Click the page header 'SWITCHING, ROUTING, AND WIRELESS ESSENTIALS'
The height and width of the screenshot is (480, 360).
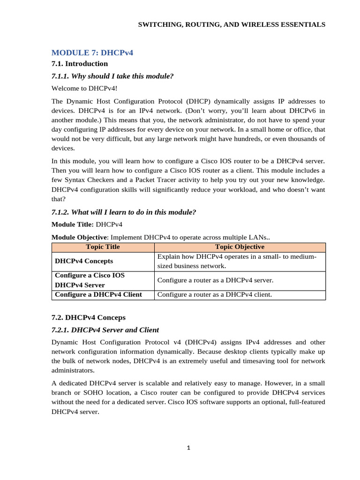point(231,24)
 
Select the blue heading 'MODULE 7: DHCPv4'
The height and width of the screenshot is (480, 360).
point(92,52)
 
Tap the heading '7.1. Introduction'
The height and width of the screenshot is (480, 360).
point(80,64)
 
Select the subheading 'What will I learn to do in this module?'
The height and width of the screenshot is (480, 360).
point(134,212)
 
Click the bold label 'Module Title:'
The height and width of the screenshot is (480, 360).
point(73,225)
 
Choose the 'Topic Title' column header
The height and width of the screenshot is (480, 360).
point(103,247)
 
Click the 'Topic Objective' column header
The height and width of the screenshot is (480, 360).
point(240,247)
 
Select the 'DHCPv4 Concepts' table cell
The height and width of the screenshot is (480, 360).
point(84,261)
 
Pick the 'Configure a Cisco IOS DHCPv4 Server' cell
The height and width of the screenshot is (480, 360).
point(90,280)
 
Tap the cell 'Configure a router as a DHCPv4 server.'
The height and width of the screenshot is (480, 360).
point(215,280)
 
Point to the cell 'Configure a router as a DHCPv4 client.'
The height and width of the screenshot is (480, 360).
point(214,295)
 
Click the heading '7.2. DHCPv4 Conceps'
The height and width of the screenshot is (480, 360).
point(89,317)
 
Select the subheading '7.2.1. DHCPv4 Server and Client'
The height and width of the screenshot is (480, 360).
point(105,330)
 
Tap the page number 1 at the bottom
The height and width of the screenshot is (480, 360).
point(188,448)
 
